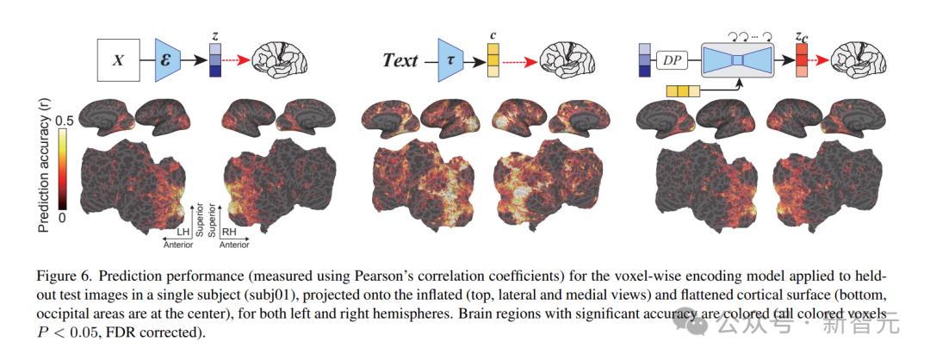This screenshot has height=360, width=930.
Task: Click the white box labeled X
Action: (x=119, y=60)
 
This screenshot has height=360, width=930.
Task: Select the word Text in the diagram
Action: (x=400, y=60)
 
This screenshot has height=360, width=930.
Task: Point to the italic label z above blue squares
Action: (x=215, y=35)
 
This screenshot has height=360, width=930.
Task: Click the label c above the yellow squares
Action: (x=493, y=35)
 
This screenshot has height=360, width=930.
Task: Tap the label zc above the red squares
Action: (x=802, y=36)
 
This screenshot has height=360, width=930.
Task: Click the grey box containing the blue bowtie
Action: (x=736, y=60)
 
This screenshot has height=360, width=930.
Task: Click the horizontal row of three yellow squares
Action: (x=683, y=91)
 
